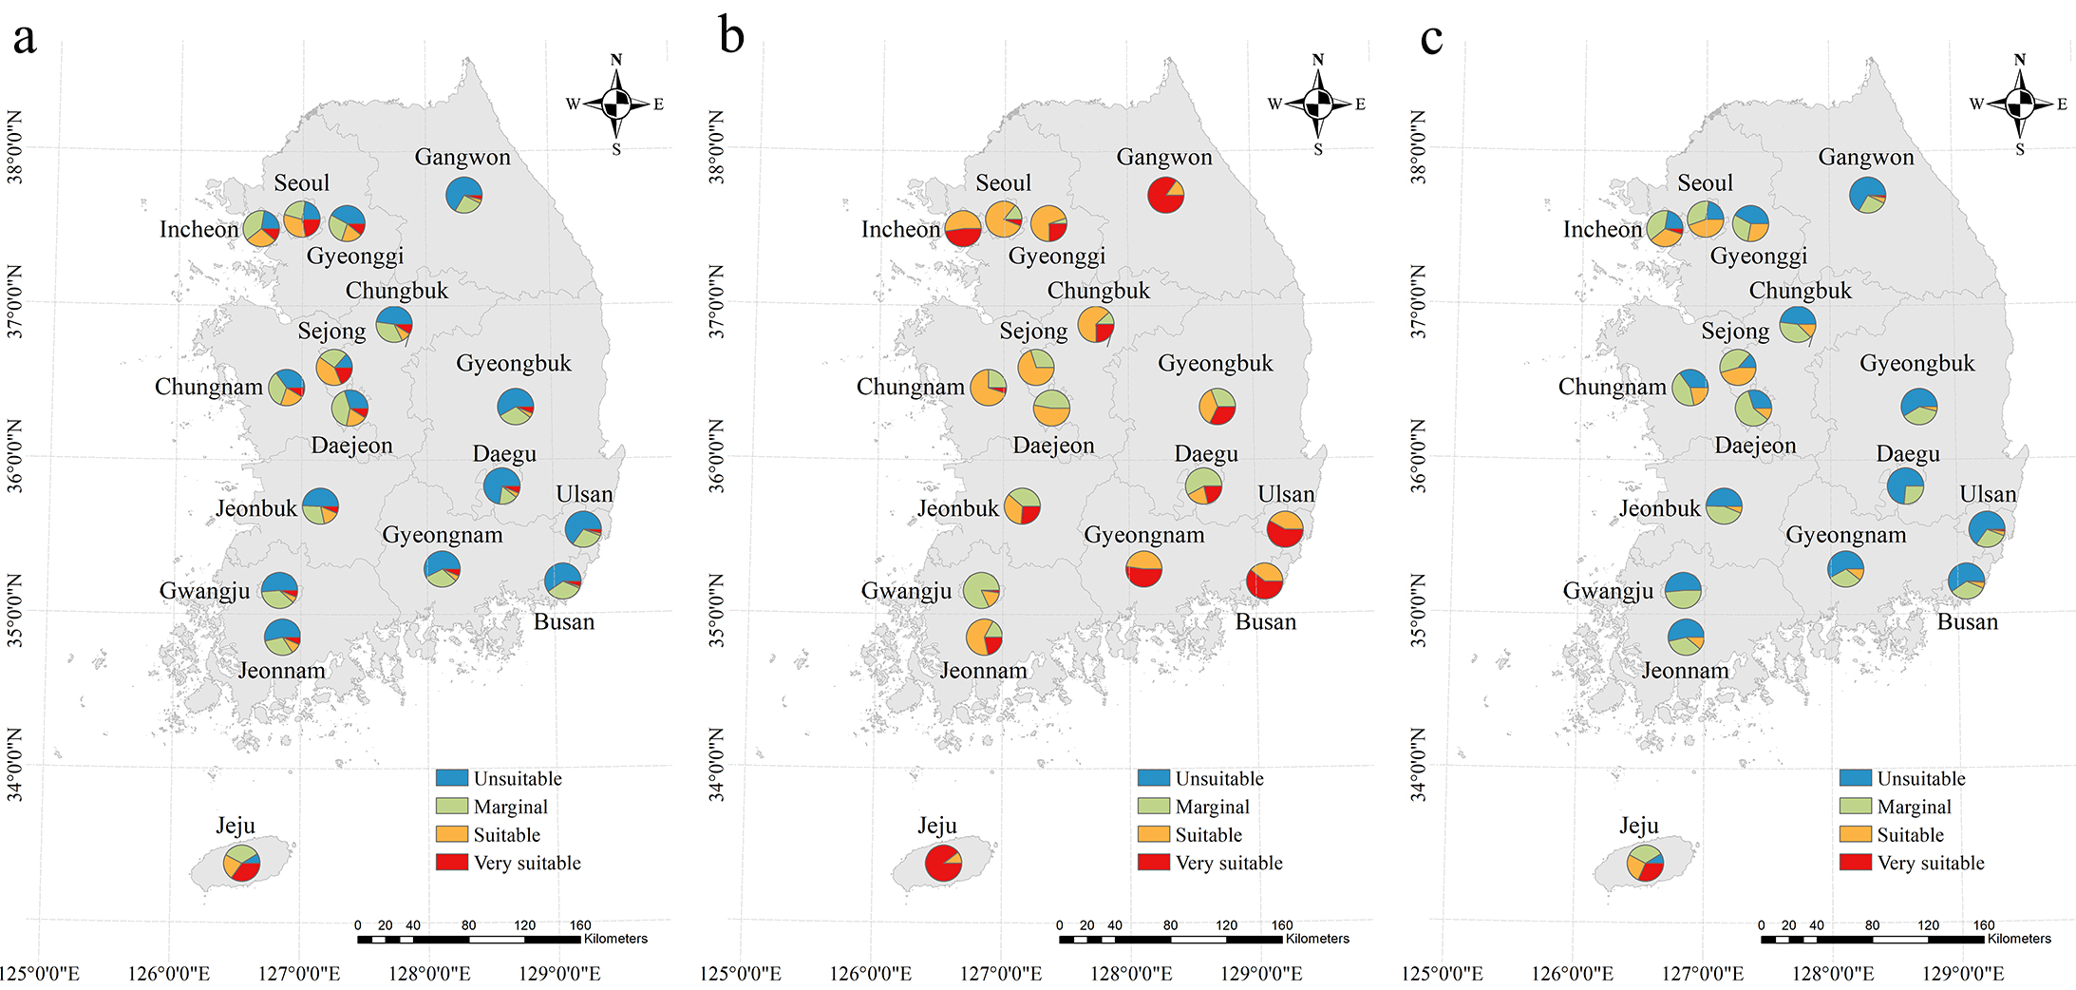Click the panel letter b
point(731,37)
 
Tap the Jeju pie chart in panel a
point(241,863)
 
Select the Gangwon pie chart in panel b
point(1165,195)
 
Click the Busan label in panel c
point(1967,622)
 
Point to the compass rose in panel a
point(616,104)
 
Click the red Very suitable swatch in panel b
point(1153,862)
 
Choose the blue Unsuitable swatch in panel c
point(1855,777)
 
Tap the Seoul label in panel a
point(301,182)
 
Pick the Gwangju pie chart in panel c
point(1683,590)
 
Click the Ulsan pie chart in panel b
point(1285,528)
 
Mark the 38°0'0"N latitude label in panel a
point(15,147)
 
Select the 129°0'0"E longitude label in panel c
point(1962,974)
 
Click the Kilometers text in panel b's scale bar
point(1317,939)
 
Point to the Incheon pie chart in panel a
point(261,228)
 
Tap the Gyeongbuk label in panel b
point(1215,363)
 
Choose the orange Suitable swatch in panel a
point(451,834)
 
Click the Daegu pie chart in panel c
point(1905,486)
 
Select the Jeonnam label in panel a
point(281,671)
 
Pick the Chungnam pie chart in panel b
point(988,388)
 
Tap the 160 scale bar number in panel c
point(1983,924)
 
